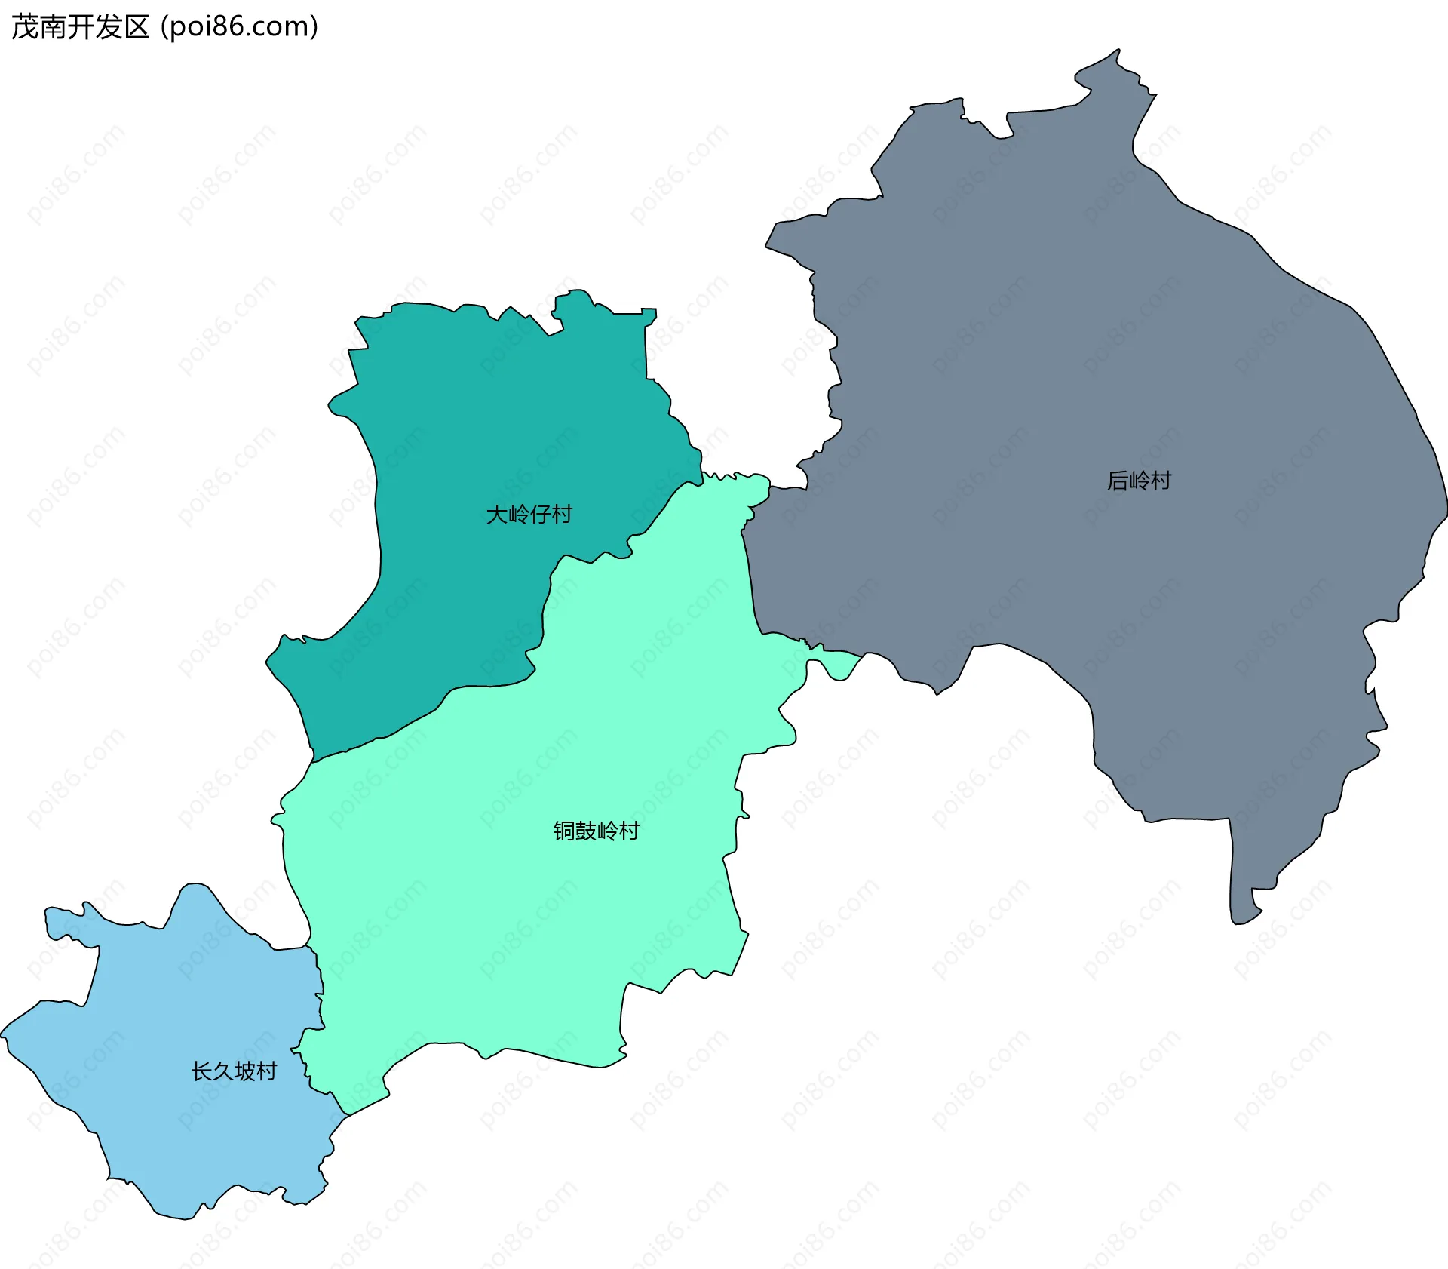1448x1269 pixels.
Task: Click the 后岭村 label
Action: coord(1139,481)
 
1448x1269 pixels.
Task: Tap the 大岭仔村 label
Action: coord(529,515)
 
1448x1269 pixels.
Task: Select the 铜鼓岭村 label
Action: coord(596,831)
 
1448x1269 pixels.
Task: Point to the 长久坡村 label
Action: coord(234,1071)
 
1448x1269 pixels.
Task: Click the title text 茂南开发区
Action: coord(80,27)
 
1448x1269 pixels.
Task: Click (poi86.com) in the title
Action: coord(240,27)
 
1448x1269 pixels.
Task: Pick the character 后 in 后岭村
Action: coord(1117,481)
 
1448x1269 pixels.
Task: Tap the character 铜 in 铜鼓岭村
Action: coord(564,831)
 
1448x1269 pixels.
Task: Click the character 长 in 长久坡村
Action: coord(201,1071)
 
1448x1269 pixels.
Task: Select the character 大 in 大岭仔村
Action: coord(496,515)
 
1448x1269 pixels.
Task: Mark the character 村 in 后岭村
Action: coord(1161,481)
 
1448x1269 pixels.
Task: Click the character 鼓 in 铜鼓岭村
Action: coord(585,831)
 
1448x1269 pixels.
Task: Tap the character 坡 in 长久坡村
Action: coord(245,1071)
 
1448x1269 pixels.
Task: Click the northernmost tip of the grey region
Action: coord(1118,51)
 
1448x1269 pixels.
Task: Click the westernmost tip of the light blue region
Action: coord(2,1034)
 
